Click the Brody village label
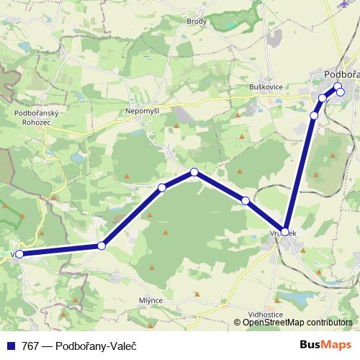click(x=197, y=22)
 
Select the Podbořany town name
click(x=341, y=73)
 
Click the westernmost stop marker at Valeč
click(x=19, y=254)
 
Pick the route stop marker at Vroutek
click(x=285, y=232)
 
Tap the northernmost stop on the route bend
click(x=194, y=172)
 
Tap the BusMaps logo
click(x=326, y=345)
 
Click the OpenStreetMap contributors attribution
click(x=297, y=323)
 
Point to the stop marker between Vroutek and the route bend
click(x=246, y=201)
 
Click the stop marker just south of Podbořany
click(x=314, y=115)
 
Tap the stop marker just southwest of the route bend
click(x=162, y=188)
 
